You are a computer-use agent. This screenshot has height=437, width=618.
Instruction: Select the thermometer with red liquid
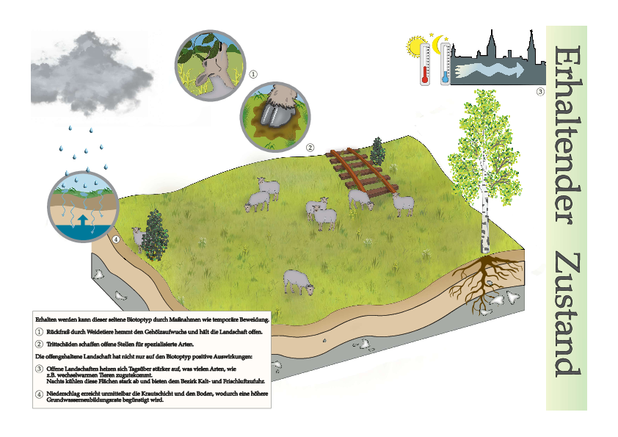pyautogui.click(x=425, y=64)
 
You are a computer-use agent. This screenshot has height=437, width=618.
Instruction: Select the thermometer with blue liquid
pyautogui.click(x=446, y=64)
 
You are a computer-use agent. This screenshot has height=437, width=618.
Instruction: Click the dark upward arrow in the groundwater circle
pyautogui.click(x=83, y=220)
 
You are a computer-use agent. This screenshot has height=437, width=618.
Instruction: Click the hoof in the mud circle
pyautogui.click(x=275, y=115)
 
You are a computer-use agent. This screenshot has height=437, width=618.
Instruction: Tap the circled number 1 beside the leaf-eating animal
pyautogui.click(x=253, y=74)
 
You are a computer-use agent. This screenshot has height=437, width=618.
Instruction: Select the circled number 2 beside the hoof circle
pyautogui.click(x=310, y=148)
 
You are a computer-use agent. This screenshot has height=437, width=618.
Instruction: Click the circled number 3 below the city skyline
pyautogui.click(x=540, y=92)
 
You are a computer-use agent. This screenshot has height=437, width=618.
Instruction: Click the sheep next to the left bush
pyautogui.click(x=138, y=238)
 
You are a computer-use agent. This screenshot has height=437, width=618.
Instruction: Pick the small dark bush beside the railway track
pyautogui.click(x=377, y=151)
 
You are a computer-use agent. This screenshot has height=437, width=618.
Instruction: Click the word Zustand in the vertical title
pyautogui.click(x=567, y=315)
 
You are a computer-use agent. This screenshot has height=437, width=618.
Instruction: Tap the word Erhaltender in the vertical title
pyautogui.click(x=567, y=135)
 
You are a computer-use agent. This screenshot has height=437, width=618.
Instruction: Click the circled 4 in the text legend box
pyautogui.click(x=39, y=394)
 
